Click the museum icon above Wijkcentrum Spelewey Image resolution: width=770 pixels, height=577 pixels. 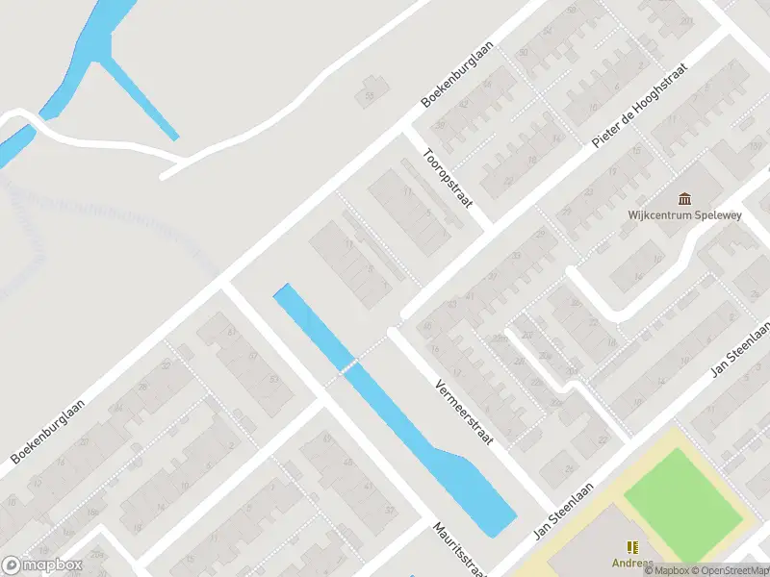(684, 199)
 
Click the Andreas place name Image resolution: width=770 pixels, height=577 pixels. (631, 564)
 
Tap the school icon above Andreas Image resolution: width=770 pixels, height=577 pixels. (632, 546)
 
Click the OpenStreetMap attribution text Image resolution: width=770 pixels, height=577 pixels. (729, 570)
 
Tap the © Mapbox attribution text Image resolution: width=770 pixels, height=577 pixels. (667, 570)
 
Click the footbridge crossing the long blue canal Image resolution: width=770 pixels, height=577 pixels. (350, 366)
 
